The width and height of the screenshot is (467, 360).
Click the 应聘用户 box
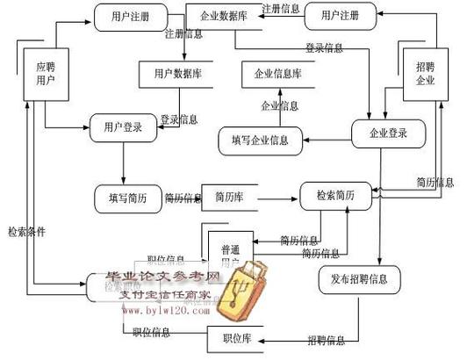[46, 74]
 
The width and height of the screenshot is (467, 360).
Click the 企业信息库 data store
[278, 74]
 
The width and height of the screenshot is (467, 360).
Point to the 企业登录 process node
[388, 133]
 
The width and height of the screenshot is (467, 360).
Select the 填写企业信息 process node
[261, 140]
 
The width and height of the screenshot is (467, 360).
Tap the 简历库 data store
[229, 198]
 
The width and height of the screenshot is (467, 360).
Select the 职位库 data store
[234, 338]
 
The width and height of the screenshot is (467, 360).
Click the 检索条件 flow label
[26, 233]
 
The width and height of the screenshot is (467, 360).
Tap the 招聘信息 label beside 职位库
[325, 339]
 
